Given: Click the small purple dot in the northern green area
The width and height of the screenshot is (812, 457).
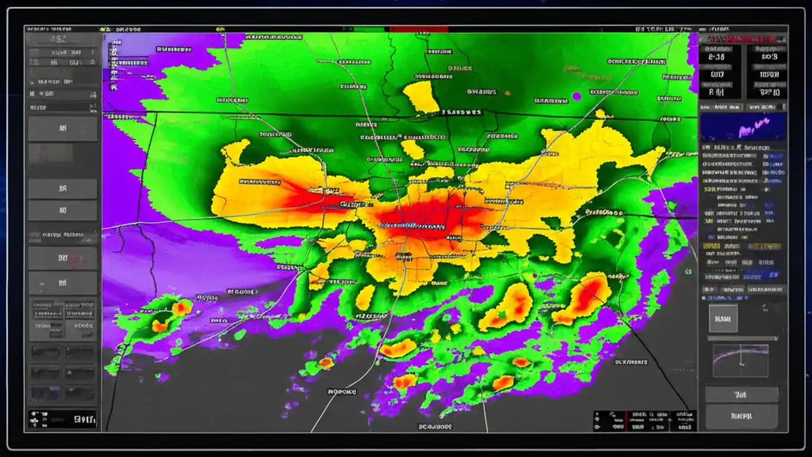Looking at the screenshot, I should pyautogui.click(x=577, y=96).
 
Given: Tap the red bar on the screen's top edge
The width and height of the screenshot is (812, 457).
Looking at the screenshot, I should pyautogui.click(x=419, y=29).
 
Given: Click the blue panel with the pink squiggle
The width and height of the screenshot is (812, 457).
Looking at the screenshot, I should pyautogui.click(x=743, y=127).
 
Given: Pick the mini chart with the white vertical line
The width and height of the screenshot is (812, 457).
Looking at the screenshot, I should pyautogui.click(x=740, y=361).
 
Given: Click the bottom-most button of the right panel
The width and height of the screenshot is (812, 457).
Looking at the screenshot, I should pyautogui.click(x=741, y=416).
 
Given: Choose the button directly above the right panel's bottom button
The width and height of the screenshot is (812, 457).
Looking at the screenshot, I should pyautogui.click(x=741, y=394).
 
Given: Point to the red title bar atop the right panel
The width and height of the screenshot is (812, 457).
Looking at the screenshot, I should pyautogui.click(x=743, y=39).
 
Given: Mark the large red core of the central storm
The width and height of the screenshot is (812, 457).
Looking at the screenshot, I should pyautogui.click(x=431, y=219).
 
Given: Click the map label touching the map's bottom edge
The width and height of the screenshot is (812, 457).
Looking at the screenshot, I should pyautogui.click(x=435, y=427).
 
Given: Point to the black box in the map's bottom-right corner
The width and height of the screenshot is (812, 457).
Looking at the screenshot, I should pyautogui.click(x=645, y=421).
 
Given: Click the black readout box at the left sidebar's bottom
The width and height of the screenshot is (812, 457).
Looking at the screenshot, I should pyautogui.click(x=62, y=419).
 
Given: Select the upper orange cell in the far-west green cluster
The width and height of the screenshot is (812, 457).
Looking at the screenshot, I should pyautogui.click(x=182, y=308).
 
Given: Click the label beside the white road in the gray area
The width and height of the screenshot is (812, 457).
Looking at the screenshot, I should pyautogui.click(x=343, y=392).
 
